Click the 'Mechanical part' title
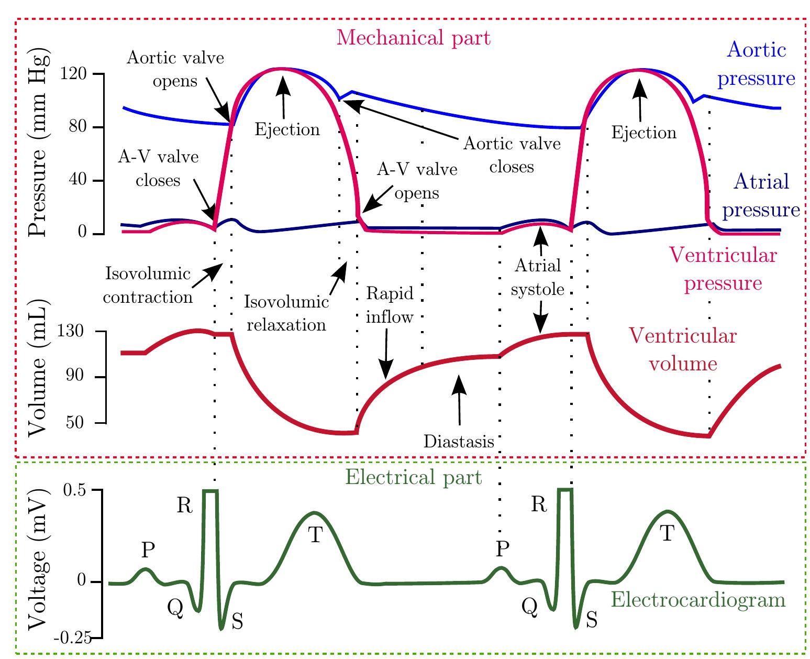(x=413, y=38)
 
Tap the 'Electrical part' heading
(x=414, y=477)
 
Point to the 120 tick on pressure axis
(x=75, y=74)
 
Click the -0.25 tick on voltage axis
(x=72, y=638)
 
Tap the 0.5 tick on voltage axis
(x=75, y=490)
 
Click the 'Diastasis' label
(x=459, y=442)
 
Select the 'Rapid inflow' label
(x=390, y=305)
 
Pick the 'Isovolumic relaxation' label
(x=286, y=313)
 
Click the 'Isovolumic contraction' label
(x=148, y=285)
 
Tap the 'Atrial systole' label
(x=538, y=277)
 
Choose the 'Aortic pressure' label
(x=756, y=64)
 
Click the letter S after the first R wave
(x=237, y=621)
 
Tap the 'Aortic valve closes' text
(x=512, y=155)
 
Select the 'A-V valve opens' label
(x=417, y=181)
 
